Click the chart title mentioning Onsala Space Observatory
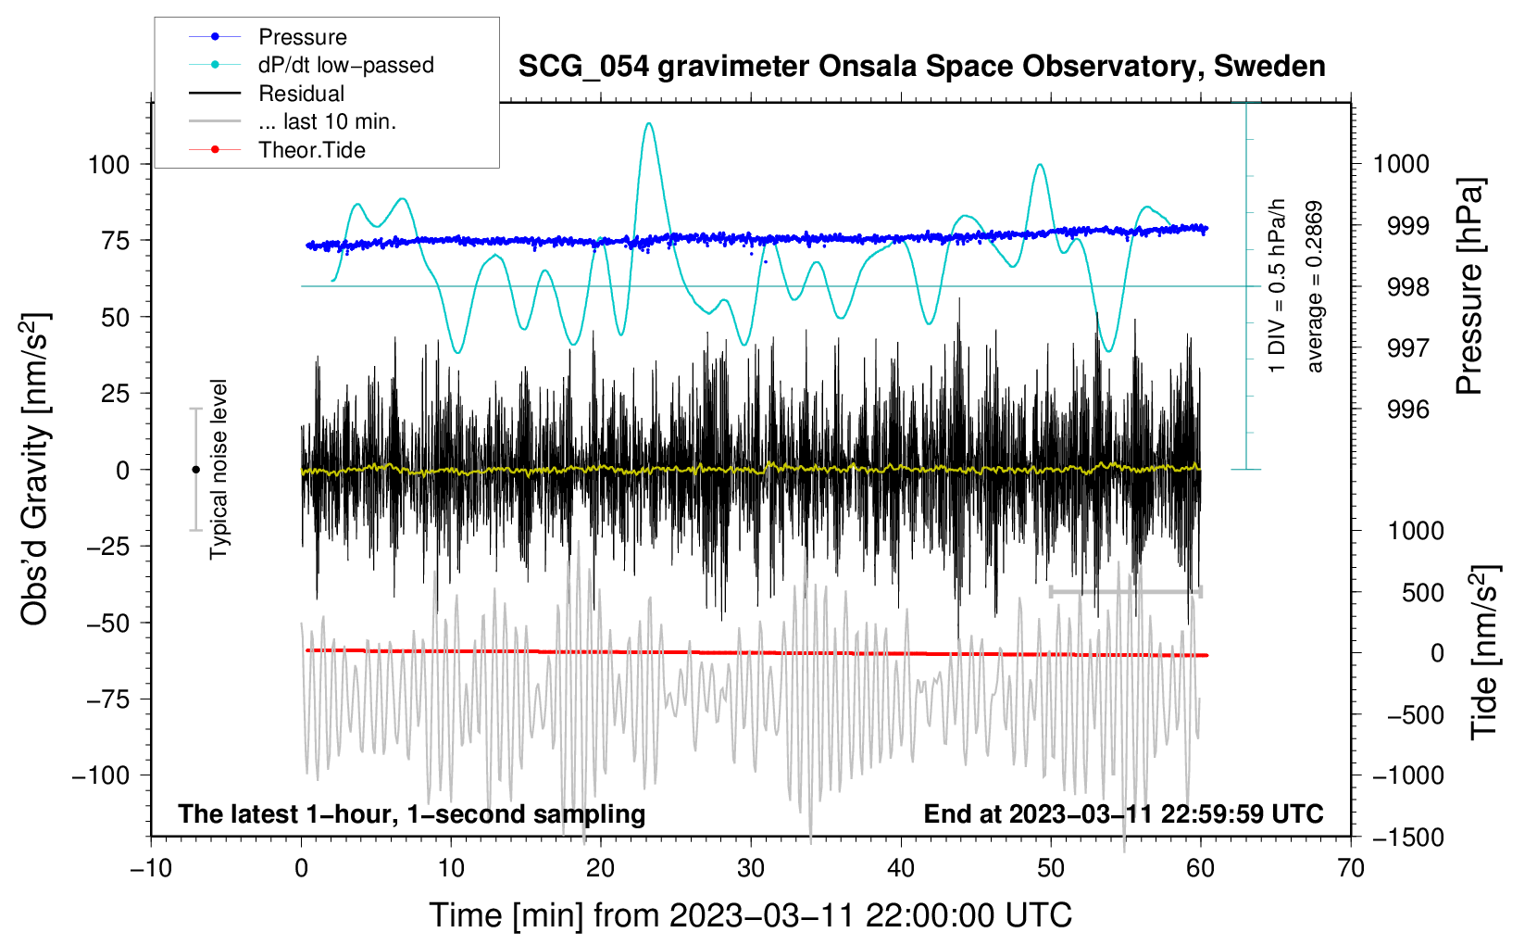click(x=921, y=66)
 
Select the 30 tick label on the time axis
click(x=751, y=868)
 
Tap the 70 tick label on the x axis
click(x=1350, y=868)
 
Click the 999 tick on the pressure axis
click(x=1408, y=226)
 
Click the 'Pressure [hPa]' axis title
click(x=1469, y=286)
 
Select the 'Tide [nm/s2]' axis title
click(x=1484, y=652)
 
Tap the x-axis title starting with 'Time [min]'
click(x=751, y=915)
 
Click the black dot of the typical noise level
click(x=195, y=470)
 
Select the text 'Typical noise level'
click(x=219, y=469)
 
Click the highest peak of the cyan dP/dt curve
click(x=648, y=123)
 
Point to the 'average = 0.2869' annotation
click(x=1314, y=286)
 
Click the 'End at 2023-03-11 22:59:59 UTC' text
click(x=1123, y=813)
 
